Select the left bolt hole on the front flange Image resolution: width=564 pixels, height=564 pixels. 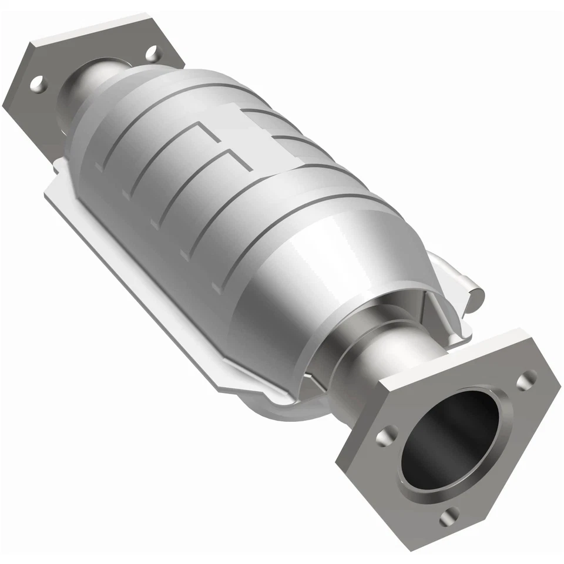(x=384, y=437)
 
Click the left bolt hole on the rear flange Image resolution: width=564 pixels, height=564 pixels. (x=38, y=83)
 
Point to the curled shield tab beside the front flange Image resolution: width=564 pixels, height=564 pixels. (x=464, y=288)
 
